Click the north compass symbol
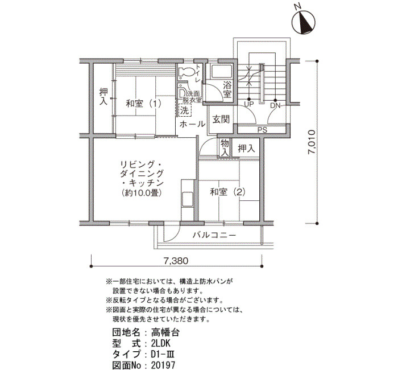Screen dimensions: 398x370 304,22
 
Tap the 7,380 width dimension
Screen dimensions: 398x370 176,261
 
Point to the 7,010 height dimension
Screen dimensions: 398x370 312,142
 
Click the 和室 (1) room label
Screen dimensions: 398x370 144,104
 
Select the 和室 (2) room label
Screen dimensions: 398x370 227,192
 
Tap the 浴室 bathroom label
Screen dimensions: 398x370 227,89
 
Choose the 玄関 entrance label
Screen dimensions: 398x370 221,119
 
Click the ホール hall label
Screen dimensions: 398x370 192,124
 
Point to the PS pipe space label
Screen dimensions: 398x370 263,130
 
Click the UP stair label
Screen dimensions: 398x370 249,104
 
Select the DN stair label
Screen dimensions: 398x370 275,105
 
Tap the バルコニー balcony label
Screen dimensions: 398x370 214,235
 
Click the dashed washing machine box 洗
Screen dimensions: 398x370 185,110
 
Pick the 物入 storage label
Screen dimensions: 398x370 225,148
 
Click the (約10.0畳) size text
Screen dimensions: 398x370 142,193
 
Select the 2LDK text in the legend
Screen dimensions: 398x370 161,344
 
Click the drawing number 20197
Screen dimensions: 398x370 163,365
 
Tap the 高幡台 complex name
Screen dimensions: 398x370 165,332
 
